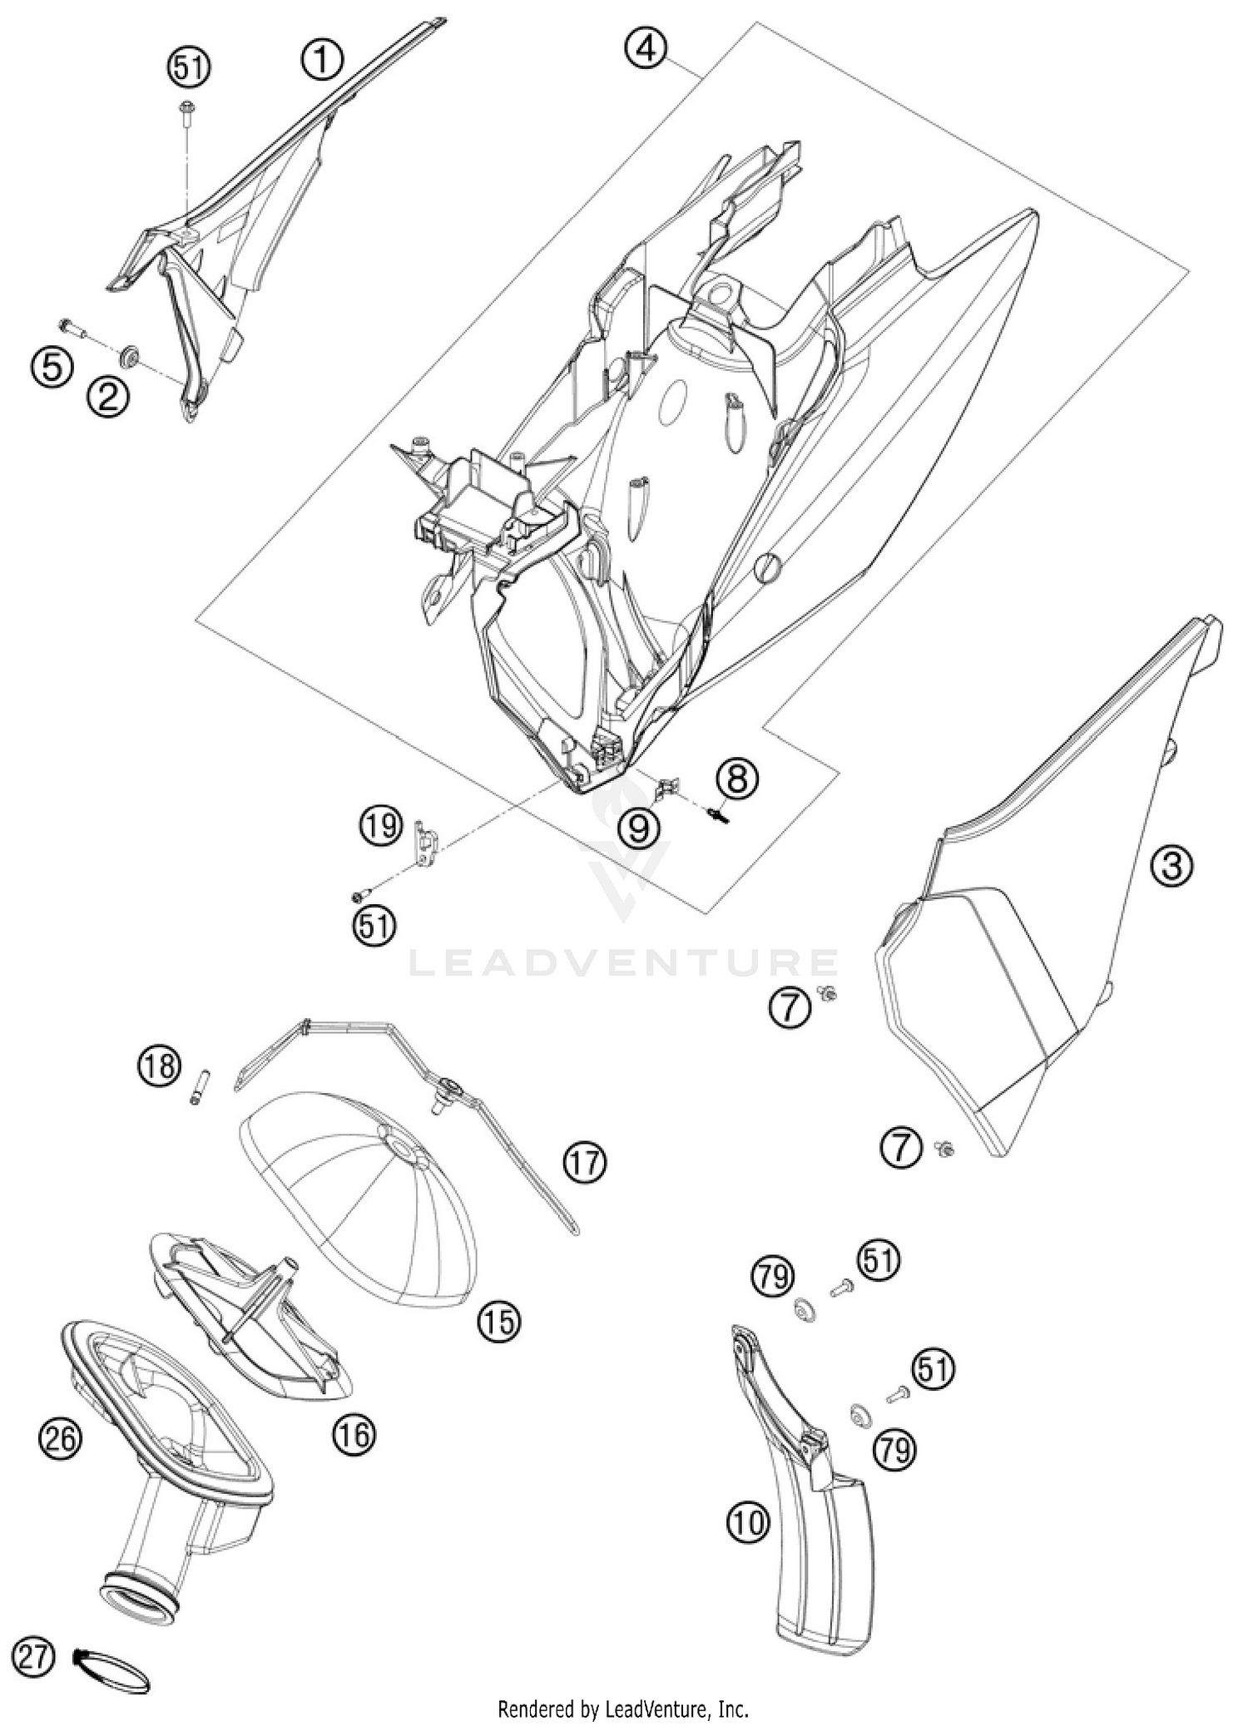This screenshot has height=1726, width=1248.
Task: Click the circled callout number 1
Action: tap(321, 62)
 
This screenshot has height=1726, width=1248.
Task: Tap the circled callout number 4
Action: tap(646, 48)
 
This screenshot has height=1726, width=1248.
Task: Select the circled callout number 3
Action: tap(1171, 867)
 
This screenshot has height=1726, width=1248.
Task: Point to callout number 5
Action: tap(52, 366)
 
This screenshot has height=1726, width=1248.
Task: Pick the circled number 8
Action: tap(738, 779)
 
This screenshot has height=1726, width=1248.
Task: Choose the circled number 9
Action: tap(639, 828)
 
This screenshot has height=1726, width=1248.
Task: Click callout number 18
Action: tap(159, 1065)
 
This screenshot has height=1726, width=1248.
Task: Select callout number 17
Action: tap(585, 1160)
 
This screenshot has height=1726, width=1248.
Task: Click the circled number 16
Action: tap(354, 1433)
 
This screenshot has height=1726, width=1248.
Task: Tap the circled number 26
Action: tap(60, 1437)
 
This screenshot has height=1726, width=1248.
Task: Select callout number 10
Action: tap(748, 1523)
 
